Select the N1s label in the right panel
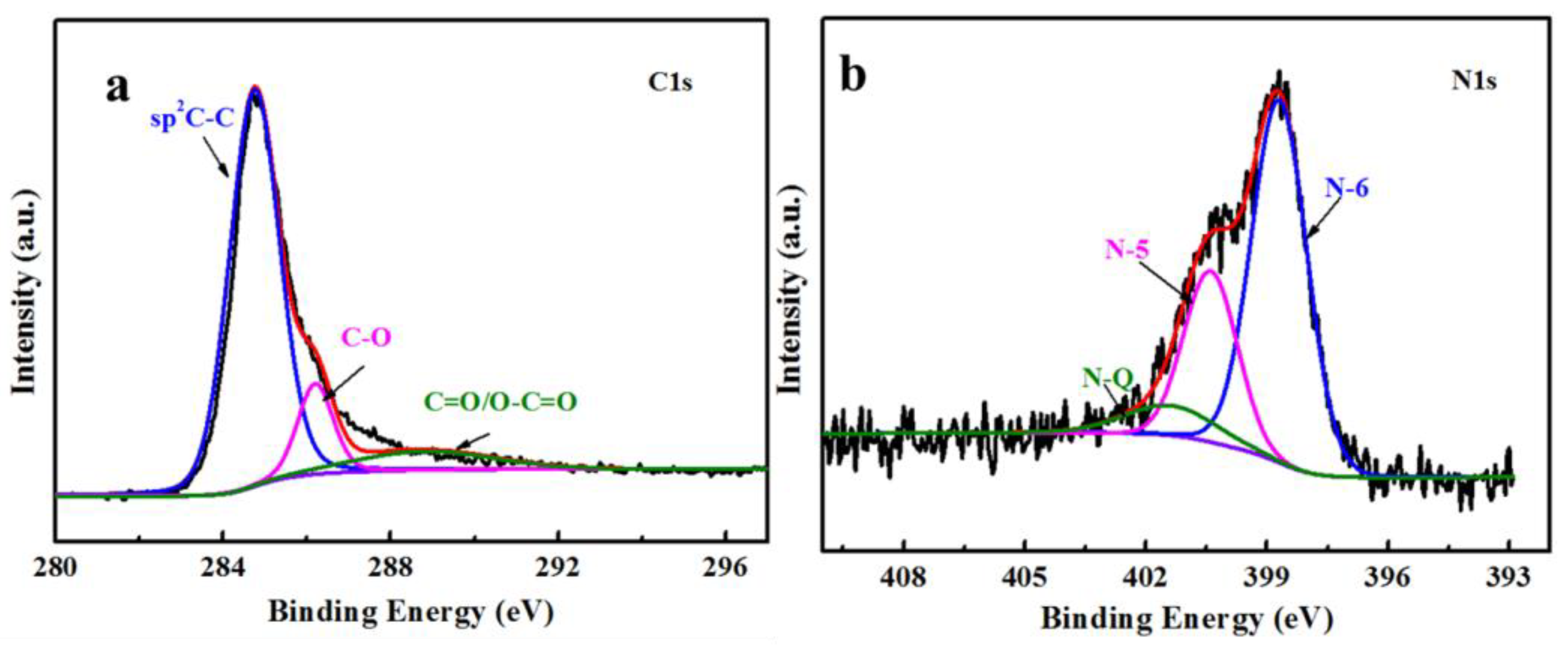tap(1474, 81)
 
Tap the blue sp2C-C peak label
tap(192, 118)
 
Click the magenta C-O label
tap(366, 337)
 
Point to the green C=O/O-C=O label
tap(499, 402)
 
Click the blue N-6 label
tap(1347, 190)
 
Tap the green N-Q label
tap(1108, 378)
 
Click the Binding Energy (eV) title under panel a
tap(411, 613)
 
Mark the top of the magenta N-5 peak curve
tap(1209, 271)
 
